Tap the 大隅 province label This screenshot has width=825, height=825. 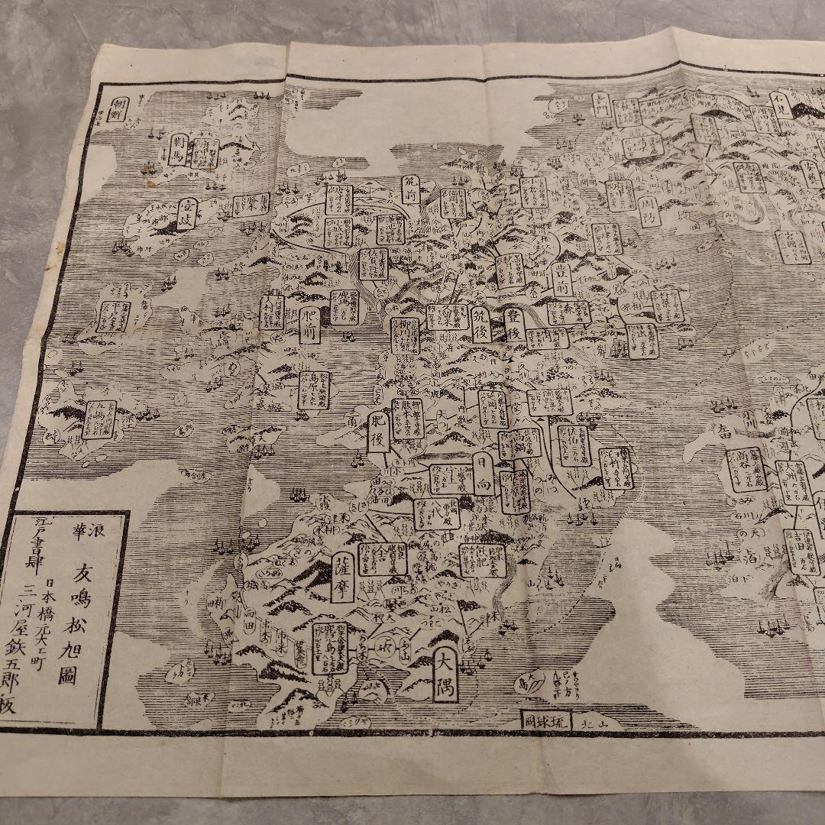coord(444,675)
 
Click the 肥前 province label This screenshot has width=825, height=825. coord(309,325)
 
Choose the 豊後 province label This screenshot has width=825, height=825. coord(514,324)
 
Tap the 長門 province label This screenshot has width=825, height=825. coord(601,106)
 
